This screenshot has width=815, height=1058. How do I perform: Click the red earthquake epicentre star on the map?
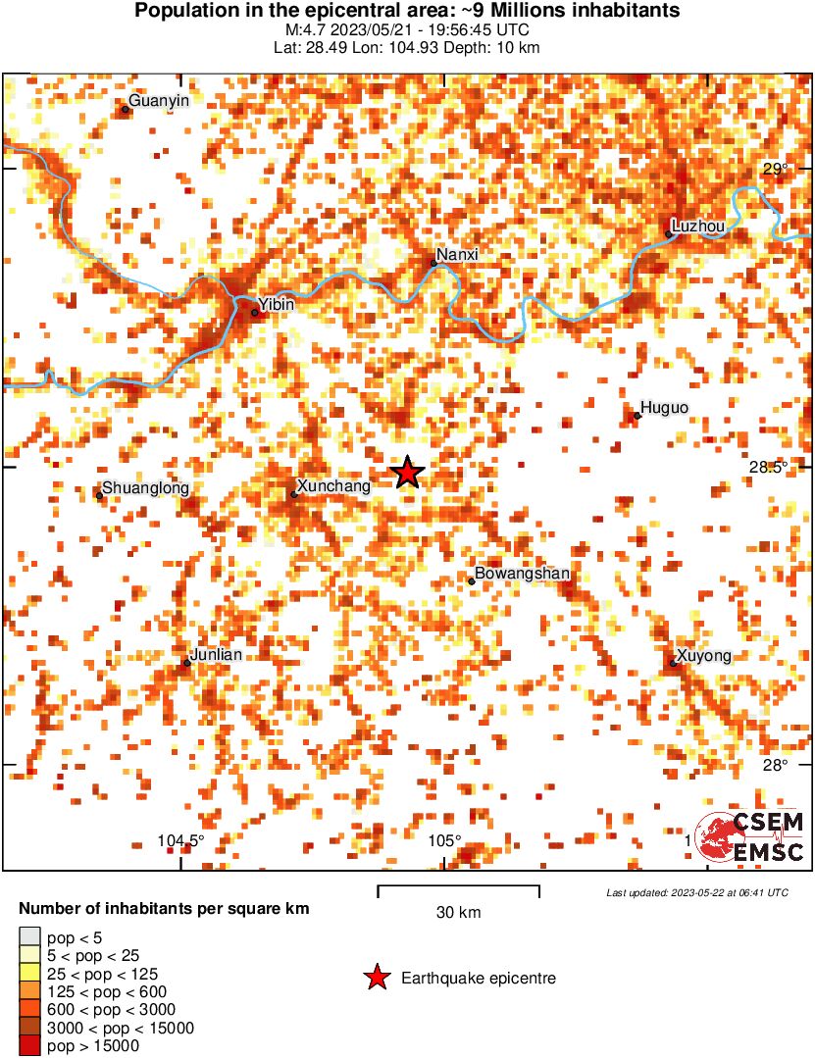(408, 473)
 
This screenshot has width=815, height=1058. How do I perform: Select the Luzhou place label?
(701, 227)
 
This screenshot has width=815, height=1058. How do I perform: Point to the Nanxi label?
(456, 255)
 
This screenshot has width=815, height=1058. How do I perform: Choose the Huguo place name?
(664, 408)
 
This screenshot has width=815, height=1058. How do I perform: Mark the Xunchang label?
(332, 486)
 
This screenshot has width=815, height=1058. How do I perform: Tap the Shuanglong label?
(145, 488)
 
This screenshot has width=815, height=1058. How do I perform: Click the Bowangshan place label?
(522, 574)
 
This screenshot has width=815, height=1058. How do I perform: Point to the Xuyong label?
(703, 656)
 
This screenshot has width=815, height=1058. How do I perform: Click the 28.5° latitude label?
(768, 468)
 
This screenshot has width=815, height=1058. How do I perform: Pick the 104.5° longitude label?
(181, 840)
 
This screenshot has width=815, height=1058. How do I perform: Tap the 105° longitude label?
(444, 840)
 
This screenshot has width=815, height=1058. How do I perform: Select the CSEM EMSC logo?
(750, 838)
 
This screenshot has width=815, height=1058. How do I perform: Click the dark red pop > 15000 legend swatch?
(30, 1046)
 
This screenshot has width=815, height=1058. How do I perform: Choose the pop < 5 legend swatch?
(30, 936)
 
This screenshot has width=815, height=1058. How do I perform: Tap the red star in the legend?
(375, 978)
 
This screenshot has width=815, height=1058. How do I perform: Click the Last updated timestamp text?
(696, 893)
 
